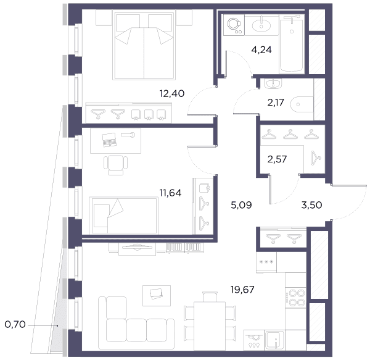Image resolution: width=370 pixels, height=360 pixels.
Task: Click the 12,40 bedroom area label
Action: click(x=172, y=94)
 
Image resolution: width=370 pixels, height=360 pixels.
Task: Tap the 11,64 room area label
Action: click(x=171, y=193)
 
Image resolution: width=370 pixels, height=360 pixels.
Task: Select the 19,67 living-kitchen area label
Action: click(x=242, y=290)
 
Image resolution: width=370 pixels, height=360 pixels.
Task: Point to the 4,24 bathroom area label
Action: click(x=261, y=50)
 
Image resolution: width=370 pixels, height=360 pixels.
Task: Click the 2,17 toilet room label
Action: click(x=276, y=103)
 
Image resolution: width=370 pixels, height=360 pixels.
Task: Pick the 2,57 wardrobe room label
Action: click(x=277, y=159)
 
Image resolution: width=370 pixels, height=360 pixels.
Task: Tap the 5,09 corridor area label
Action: click(x=241, y=205)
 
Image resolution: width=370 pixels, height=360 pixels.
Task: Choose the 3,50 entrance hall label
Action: click(x=311, y=205)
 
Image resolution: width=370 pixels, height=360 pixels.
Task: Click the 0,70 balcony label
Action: click(x=15, y=324)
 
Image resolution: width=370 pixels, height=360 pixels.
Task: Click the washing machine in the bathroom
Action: click(x=234, y=25)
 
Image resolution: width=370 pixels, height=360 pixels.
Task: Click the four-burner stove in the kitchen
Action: click(x=295, y=298)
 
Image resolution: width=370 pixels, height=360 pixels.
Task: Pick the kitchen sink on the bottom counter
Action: click(x=274, y=340)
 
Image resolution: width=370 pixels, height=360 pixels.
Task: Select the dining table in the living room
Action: click(x=210, y=326)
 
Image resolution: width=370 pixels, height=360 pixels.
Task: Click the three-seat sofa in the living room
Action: click(x=136, y=323)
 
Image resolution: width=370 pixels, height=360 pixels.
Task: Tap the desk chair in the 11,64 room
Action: click(x=116, y=165)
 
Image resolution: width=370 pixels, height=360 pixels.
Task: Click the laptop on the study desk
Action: click(x=109, y=140)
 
